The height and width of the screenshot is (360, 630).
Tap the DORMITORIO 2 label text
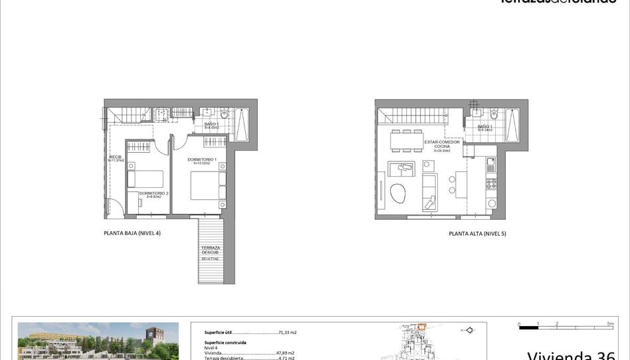(x=154, y=193)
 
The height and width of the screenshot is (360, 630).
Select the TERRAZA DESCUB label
(x=211, y=250)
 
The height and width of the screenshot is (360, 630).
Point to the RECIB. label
(x=116, y=157)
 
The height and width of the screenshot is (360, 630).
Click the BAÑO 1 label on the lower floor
(x=211, y=124)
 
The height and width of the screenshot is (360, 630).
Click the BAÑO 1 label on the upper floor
(x=484, y=127)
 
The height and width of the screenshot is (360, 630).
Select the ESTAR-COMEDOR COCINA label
(x=442, y=144)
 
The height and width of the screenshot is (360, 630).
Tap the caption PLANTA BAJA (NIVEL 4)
(x=132, y=233)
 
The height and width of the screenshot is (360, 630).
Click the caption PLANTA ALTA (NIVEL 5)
(x=477, y=234)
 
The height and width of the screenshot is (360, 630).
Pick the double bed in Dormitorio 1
(x=208, y=185)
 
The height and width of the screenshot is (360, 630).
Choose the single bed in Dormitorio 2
(x=146, y=179)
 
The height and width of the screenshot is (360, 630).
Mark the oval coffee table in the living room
(x=399, y=193)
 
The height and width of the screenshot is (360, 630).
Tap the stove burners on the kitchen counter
(x=492, y=183)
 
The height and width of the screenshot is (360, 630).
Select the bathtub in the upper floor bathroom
(x=512, y=125)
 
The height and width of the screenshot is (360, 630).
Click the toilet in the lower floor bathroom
(x=224, y=114)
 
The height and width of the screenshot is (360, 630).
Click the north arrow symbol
(x=469, y=329)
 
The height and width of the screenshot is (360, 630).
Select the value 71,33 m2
(x=287, y=332)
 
